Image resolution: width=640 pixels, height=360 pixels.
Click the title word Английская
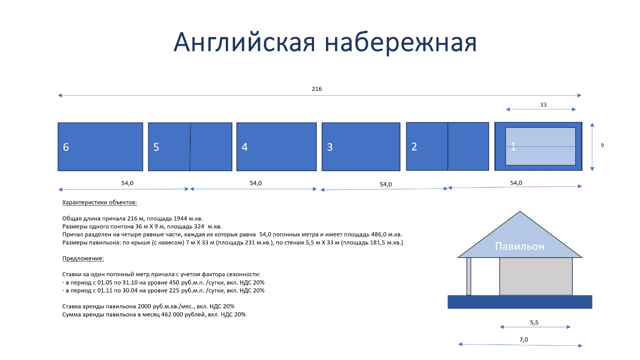(x=244, y=42)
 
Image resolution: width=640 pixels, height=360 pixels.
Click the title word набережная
(x=400, y=42)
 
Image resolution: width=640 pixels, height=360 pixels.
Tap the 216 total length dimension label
(x=317, y=89)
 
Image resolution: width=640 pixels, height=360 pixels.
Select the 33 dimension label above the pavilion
(x=543, y=105)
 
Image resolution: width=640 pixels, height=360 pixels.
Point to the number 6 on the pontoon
(x=66, y=147)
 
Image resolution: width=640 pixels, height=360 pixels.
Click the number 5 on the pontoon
(x=156, y=147)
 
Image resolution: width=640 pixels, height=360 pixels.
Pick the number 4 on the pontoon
(x=244, y=147)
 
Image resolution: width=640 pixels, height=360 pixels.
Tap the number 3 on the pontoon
(x=330, y=147)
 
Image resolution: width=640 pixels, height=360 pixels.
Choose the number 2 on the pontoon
(x=414, y=146)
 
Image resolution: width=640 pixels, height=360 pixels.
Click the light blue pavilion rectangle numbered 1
(x=541, y=146)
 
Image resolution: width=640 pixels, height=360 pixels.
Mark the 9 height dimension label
(x=602, y=146)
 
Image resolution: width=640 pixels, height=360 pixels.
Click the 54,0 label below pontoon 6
(x=127, y=183)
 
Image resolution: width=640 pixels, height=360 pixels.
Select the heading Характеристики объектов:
(x=99, y=202)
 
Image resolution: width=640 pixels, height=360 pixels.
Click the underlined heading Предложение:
(x=83, y=258)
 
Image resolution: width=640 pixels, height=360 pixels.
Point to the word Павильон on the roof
(x=520, y=246)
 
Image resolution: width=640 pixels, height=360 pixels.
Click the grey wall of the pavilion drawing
(x=536, y=276)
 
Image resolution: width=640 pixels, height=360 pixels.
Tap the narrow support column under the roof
(x=469, y=276)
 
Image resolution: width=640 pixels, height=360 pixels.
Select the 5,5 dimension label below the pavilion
(x=534, y=322)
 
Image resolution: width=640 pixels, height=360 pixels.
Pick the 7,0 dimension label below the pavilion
(x=524, y=340)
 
